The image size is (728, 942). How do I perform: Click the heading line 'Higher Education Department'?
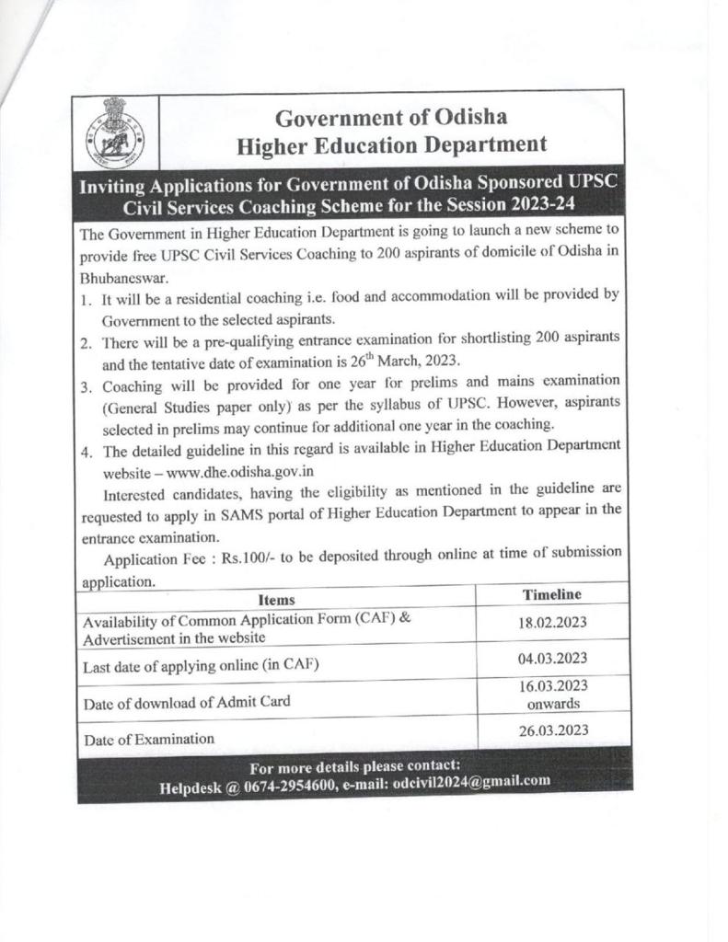[x=391, y=144]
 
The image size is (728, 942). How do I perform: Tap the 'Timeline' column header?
[x=552, y=595]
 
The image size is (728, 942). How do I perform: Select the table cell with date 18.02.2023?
[x=552, y=624]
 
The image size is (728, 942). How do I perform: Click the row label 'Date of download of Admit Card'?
[x=187, y=702]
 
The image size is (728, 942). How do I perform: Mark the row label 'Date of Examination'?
[x=149, y=738]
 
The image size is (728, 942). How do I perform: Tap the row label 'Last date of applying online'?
[x=201, y=666]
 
